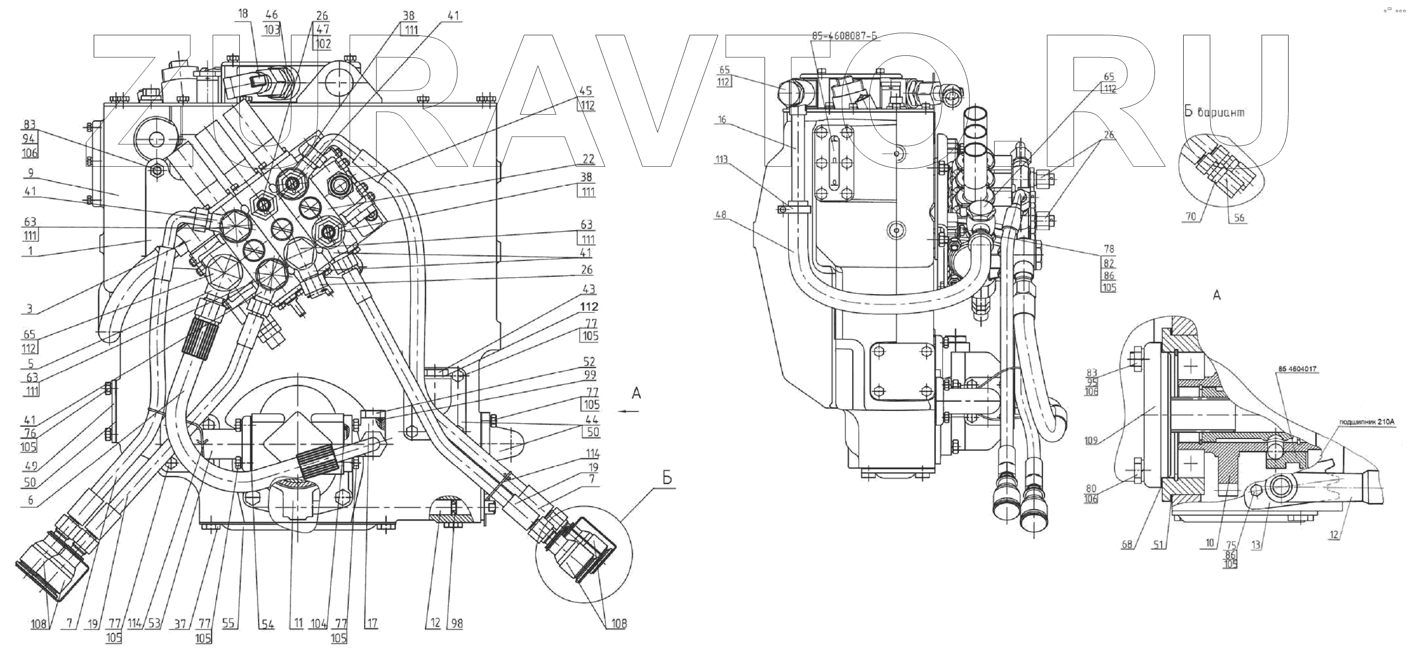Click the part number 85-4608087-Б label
(x=844, y=37)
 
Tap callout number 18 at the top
(x=243, y=14)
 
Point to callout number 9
(x=30, y=172)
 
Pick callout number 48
(x=721, y=215)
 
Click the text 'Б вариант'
(x=1214, y=112)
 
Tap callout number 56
(x=1238, y=217)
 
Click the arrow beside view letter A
(x=630, y=411)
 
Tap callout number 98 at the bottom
(x=456, y=624)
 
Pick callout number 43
(x=589, y=289)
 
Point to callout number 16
(x=722, y=120)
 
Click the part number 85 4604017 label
(x=1297, y=369)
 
